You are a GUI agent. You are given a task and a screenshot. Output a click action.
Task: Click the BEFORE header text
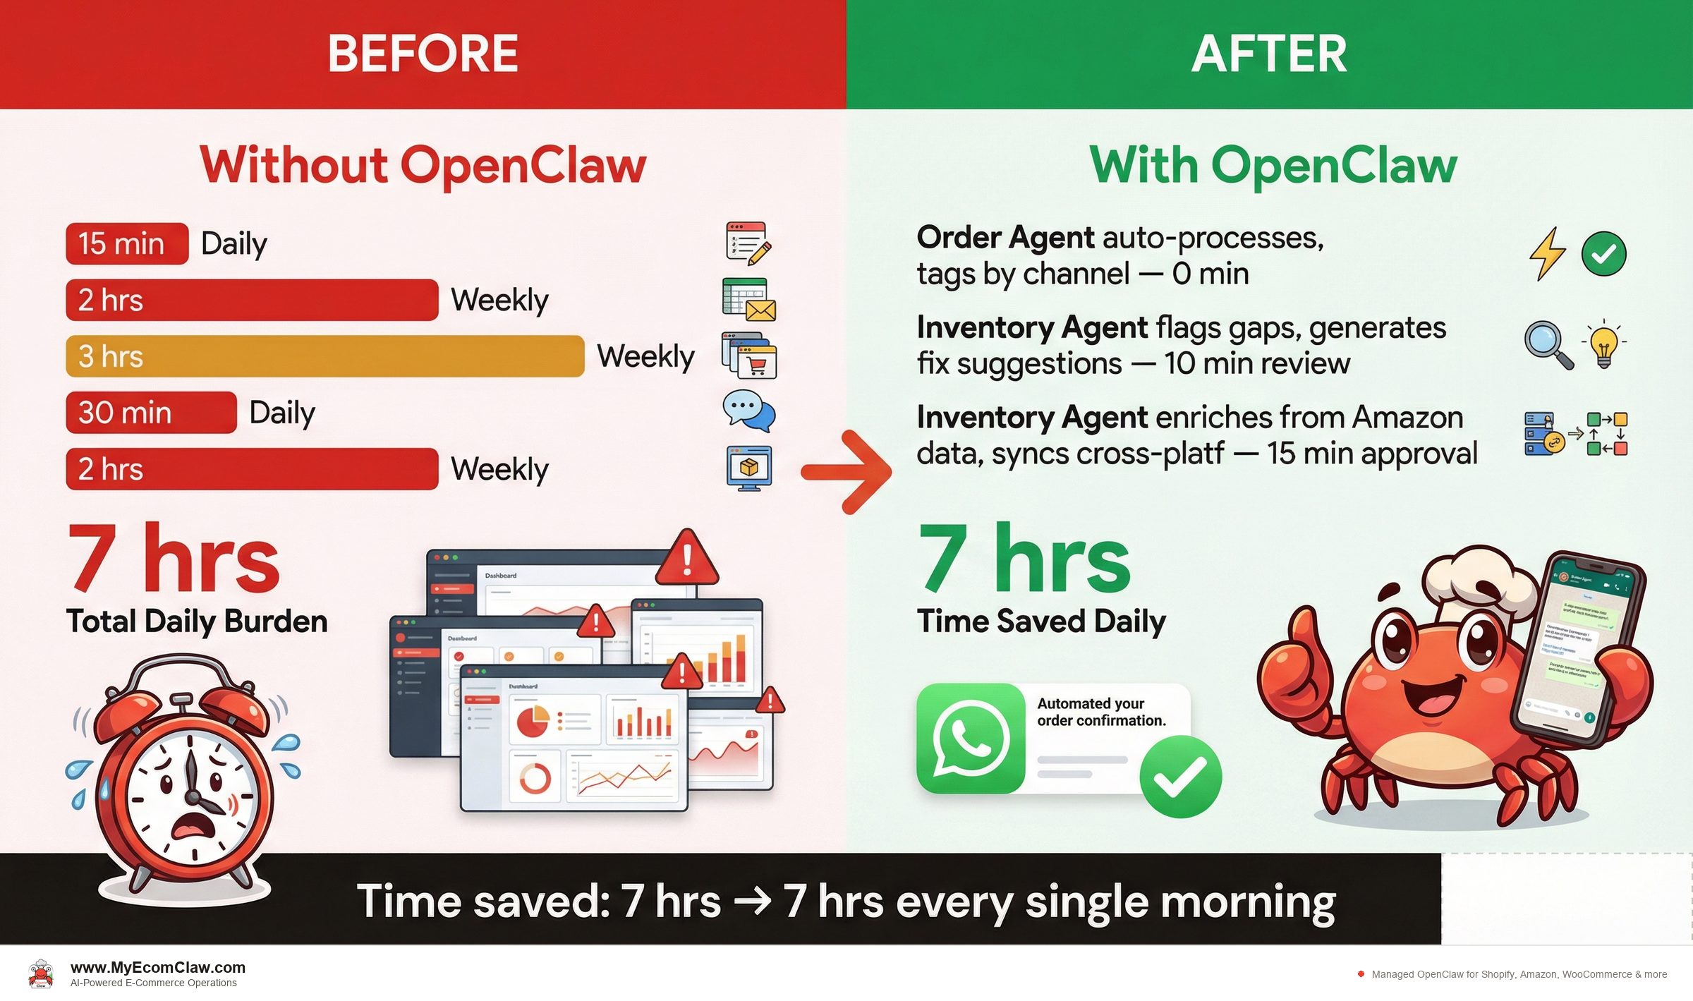tap(423, 54)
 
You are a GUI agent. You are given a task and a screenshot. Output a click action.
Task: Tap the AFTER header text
tap(1268, 54)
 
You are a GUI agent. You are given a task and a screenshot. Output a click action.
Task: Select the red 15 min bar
tap(127, 244)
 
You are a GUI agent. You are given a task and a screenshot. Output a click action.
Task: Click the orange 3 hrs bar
tap(324, 356)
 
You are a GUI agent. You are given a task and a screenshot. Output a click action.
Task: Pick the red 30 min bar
tap(151, 413)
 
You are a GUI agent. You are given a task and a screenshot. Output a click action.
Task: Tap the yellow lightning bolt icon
tap(1547, 254)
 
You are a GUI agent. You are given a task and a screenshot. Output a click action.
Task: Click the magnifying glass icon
tap(1548, 344)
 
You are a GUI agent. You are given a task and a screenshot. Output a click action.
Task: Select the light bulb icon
tap(1604, 344)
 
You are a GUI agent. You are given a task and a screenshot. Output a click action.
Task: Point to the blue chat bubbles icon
tap(748, 411)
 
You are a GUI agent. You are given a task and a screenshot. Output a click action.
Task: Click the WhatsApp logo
tap(971, 738)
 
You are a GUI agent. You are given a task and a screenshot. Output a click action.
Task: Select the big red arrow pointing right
tap(847, 471)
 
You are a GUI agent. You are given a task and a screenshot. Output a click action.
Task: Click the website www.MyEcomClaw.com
tap(158, 967)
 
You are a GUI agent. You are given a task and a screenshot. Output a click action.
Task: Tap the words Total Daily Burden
tap(197, 621)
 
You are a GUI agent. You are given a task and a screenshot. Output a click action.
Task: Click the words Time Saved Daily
tap(1041, 621)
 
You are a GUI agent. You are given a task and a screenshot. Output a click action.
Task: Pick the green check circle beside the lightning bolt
tap(1603, 254)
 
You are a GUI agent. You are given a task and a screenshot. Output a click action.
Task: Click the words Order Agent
tap(1005, 238)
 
